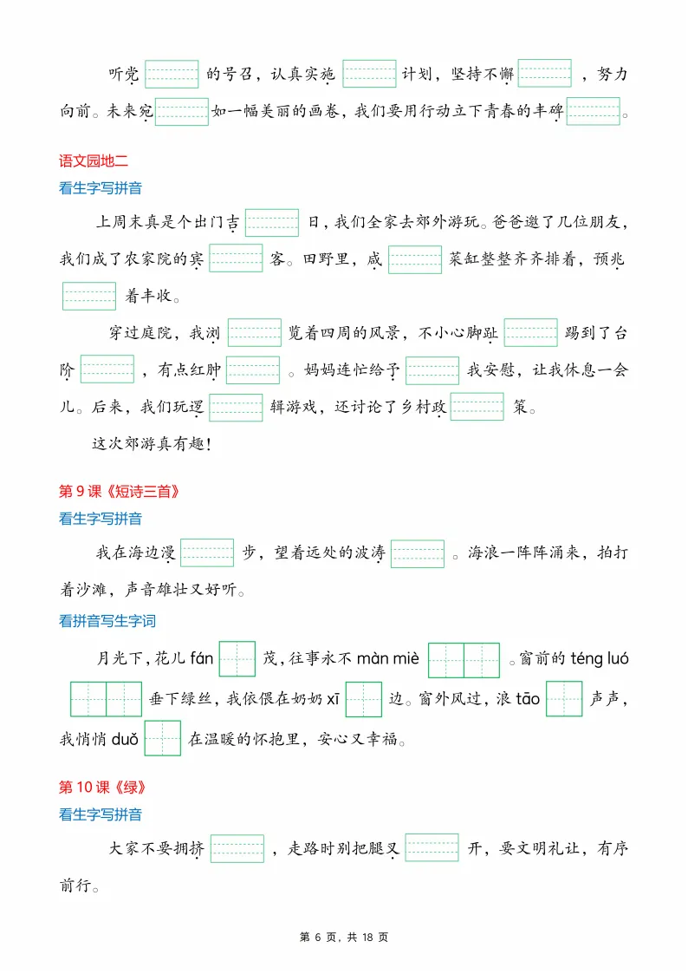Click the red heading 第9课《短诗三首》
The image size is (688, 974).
(120, 492)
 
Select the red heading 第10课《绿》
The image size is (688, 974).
(101, 788)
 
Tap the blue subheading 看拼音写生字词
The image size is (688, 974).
(107, 621)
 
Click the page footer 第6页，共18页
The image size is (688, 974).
(344, 938)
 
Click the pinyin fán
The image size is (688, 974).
(200, 658)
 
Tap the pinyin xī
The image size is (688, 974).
(332, 699)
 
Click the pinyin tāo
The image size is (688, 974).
(529, 699)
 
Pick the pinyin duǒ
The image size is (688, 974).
(126, 739)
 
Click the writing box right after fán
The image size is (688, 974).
(237, 659)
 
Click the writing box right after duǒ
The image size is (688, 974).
(162, 739)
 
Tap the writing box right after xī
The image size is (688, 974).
(363, 699)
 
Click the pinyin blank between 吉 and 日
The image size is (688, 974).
(272, 223)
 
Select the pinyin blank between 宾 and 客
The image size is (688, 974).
(236, 258)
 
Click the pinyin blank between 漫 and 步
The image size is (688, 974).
(207, 552)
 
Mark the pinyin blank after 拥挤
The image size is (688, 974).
(237, 848)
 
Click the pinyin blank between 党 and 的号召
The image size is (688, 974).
(172, 74)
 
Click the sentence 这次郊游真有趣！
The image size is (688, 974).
(152, 443)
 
